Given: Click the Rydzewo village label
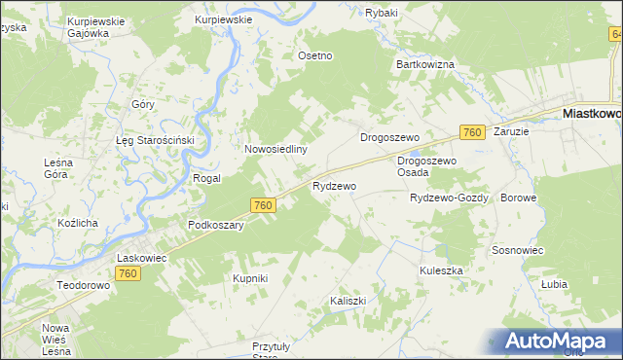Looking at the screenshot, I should click(334, 185).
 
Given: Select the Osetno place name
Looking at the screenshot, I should click(315, 55).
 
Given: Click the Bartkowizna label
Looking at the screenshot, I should click(425, 64).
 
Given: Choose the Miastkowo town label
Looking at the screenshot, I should click(592, 114).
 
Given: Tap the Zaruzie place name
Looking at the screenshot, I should click(511, 130).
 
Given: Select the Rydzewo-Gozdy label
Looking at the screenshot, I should click(449, 198).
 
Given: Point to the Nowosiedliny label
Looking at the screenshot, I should click(276, 150).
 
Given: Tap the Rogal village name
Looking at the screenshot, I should click(207, 179).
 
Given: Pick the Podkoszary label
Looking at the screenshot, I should click(215, 224).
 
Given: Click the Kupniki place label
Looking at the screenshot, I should click(250, 278).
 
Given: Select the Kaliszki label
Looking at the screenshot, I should click(348, 301).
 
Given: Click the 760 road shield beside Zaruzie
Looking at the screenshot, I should click(472, 132).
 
